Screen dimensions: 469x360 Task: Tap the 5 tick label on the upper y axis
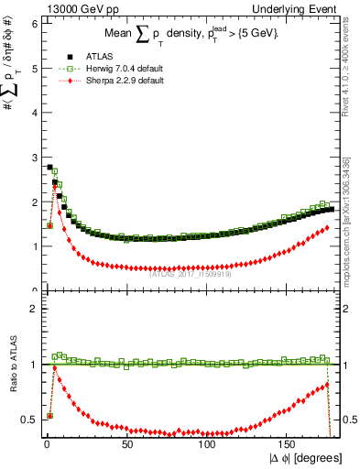point(34,68)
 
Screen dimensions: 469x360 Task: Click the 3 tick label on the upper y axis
point(34,158)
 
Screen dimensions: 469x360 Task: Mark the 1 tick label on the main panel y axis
point(34,246)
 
